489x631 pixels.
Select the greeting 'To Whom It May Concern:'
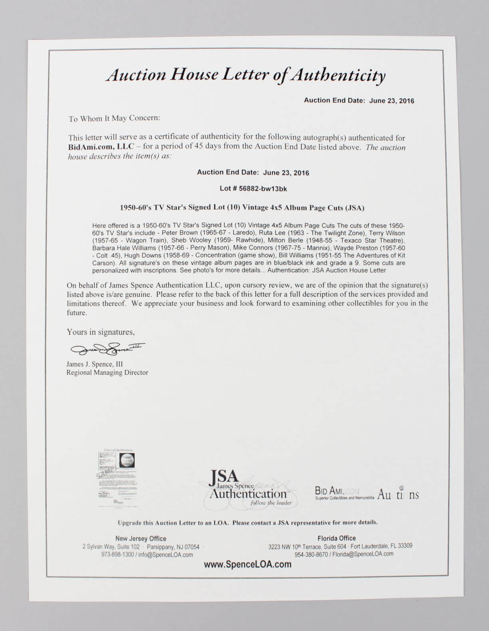click(x=114, y=119)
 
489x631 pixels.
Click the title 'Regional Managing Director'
click(x=107, y=373)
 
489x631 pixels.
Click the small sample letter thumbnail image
click(x=118, y=478)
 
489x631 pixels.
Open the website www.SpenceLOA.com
click(x=247, y=564)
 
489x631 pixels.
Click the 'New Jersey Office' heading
click(x=141, y=538)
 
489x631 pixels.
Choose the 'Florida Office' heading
click(x=336, y=538)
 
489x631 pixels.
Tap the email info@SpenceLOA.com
click(x=166, y=555)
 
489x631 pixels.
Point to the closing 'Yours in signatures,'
click(x=101, y=332)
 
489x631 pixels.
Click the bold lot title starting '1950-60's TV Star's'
click(x=242, y=208)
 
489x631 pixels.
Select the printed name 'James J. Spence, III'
click(x=95, y=364)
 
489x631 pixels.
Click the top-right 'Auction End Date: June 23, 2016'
click(x=359, y=101)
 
